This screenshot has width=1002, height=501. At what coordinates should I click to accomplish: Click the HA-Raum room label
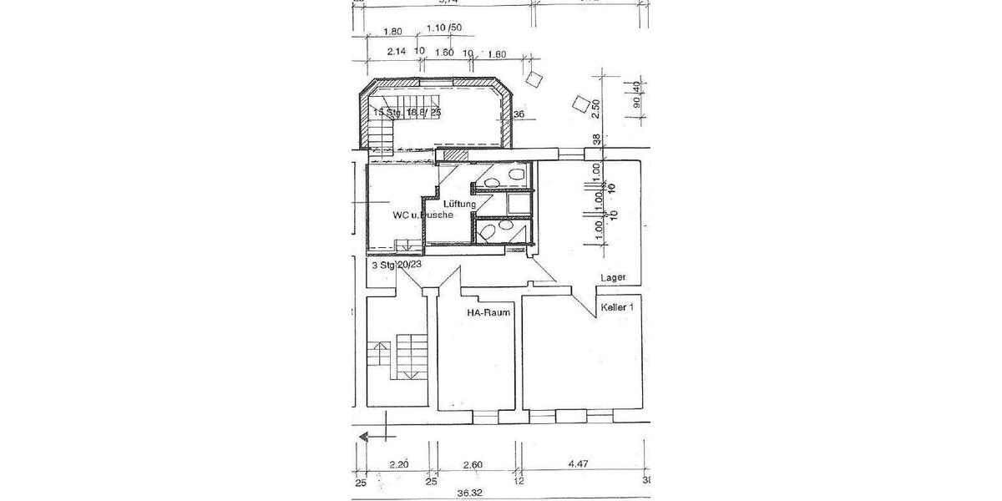(488, 313)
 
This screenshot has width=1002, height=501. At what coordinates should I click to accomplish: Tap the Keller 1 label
(621, 307)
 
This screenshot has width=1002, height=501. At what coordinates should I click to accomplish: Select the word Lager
(612, 278)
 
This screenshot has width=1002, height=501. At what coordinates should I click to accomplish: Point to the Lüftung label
(460, 205)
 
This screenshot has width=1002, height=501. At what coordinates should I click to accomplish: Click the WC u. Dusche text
(423, 215)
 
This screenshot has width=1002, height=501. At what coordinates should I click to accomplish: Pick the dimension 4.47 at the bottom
(579, 465)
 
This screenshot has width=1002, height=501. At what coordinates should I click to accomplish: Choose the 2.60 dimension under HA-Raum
(472, 465)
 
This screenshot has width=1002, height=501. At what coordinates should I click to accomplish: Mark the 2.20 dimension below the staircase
(397, 465)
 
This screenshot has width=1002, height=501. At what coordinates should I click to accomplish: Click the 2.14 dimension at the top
(397, 52)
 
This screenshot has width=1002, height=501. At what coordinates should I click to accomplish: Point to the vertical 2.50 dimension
(596, 109)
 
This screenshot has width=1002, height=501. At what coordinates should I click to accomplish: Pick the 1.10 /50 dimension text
(443, 28)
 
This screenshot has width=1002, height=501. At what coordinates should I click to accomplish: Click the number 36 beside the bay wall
(519, 115)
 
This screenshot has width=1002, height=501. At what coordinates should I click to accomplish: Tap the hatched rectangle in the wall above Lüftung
(456, 154)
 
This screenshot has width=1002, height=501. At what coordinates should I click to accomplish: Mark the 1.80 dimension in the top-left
(392, 32)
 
